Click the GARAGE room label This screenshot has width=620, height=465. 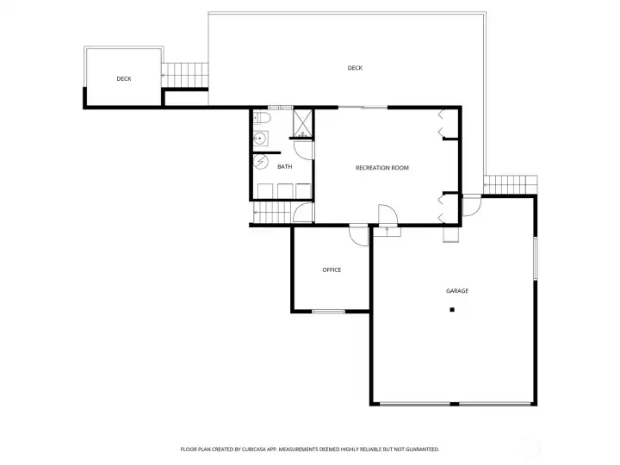click(x=457, y=291)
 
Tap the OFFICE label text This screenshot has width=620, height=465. click(x=332, y=270)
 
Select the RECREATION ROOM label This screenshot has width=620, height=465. click(x=381, y=167)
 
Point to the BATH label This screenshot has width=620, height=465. click(x=284, y=166)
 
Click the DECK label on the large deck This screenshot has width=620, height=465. click(x=355, y=68)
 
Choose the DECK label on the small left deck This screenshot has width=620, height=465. click(x=124, y=78)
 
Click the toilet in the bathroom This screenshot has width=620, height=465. click(x=262, y=118)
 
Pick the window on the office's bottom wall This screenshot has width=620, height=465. click(x=328, y=311)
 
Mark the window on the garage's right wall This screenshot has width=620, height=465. click(x=535, y=258)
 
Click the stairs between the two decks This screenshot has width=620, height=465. click(x=185, y=75)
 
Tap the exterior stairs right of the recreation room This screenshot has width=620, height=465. click(x=509, y=184)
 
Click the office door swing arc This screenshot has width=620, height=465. click(x=358, y=232)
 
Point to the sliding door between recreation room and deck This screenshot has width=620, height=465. click(x=362, y=107)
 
